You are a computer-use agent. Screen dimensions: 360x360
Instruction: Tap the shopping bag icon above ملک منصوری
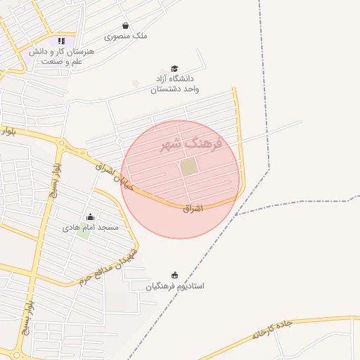pos(125,25)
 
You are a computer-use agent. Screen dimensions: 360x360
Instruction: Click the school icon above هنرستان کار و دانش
pos(61,41)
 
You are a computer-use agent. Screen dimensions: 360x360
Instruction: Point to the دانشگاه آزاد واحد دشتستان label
pos(175,84)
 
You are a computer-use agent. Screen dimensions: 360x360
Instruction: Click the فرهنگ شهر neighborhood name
pos(191,144)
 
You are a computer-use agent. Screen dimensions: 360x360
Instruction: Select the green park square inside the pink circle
pos(188,167)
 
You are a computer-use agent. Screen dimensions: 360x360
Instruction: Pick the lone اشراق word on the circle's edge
pos(193,208)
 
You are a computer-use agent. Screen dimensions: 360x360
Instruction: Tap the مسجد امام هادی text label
pos(91,228)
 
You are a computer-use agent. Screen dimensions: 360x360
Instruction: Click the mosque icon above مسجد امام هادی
pos(90,217)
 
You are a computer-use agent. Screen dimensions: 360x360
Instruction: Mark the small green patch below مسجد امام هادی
pos(83,233)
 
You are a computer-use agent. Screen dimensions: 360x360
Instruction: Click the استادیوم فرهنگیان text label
pos(175,286)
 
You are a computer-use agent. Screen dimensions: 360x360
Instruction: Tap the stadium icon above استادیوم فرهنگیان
pos(175,274)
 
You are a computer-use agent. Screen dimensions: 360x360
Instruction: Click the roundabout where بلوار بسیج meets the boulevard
pos(62,146)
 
